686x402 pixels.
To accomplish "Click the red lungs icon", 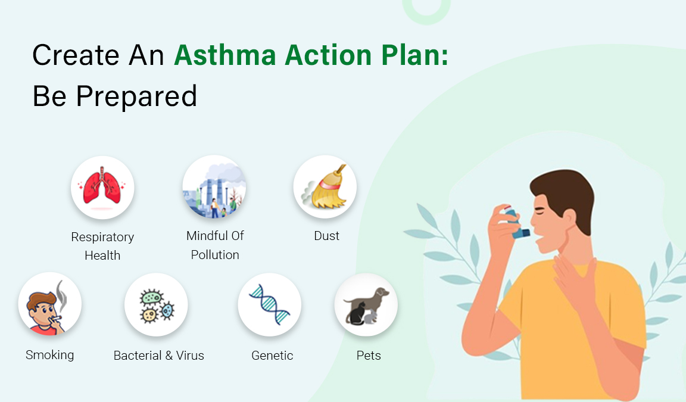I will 102,188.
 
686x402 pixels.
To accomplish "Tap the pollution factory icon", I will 214,188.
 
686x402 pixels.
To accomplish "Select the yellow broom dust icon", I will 325,188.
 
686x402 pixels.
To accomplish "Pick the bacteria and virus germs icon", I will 156,305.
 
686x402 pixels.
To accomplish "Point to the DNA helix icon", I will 269,305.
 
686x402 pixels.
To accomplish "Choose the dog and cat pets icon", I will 366,305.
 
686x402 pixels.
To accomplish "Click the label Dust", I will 326,236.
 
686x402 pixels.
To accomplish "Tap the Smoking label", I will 50,355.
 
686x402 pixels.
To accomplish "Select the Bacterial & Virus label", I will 158,356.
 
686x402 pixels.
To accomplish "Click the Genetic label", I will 272,356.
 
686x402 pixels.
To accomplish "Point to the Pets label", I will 368,356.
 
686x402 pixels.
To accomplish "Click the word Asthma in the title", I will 226,55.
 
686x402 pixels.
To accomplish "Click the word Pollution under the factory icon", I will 215,255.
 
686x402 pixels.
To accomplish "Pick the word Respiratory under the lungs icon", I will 102,237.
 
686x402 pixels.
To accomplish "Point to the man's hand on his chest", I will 575,280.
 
